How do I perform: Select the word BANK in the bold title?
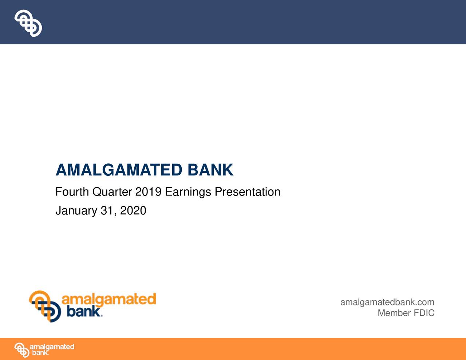coord(210,170)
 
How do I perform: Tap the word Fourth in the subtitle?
coord(72,192)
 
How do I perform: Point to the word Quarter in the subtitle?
coord(112,192)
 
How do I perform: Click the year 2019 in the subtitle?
coord(148,192)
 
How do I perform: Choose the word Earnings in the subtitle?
coord(188,192)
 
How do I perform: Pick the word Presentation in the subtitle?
coord(247,192)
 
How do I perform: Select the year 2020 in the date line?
coord(133,211)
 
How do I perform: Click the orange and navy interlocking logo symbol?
coord(45,306)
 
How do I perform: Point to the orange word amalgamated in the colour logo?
coord(108,299)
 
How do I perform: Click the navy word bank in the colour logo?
coord(83,312)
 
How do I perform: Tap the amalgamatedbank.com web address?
coord(387,302)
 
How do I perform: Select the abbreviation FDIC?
coord(424,313)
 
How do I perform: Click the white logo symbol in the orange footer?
coord(21,350)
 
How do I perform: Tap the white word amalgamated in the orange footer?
coord(52,347)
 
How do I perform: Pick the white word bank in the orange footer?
coord(40,353)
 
